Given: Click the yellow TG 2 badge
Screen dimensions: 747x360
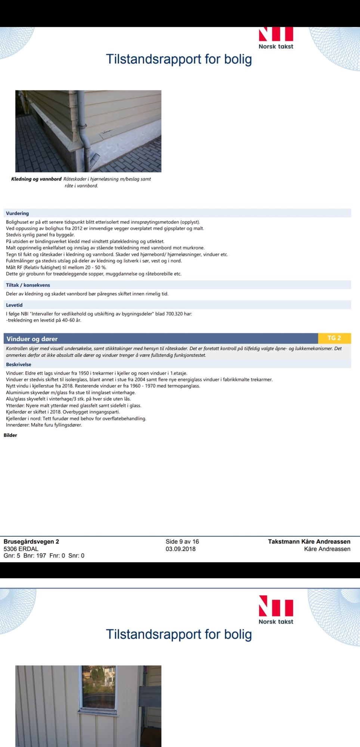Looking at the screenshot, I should pyautogui.click(x=334, y=338).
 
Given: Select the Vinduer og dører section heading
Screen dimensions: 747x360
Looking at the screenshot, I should pyautogui.click(x=32, y=339).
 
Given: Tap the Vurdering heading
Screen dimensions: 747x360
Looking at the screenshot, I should pyautogui.click(x=17, y=213).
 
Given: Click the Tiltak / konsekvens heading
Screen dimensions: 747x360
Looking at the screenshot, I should pyautogui.click(x=28, y=285).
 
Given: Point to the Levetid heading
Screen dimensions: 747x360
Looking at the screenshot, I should pyautogui.click(x=14, y=305).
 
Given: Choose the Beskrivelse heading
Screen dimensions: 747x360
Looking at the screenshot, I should pyautogui.click(x=19, y=365).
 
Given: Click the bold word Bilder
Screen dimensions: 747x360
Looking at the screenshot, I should pyautogui.click(x=10, y=435).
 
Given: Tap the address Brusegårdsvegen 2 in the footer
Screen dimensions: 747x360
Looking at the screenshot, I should pyautogui.click(x=31, y=542).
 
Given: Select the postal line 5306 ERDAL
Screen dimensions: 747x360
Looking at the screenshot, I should pyautogui.click(x=21, y=549).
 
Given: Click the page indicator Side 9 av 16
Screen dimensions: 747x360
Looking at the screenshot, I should pyautogui.click(x=182, y=542).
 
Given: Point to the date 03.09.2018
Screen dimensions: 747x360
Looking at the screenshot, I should pyautogui.click(x=181, y=549).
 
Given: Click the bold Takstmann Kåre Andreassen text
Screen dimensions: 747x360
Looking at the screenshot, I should pyautogui.click(x=309, y=542).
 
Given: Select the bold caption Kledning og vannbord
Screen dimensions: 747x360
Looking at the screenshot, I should pyautogui.click(x=36, y=179).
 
